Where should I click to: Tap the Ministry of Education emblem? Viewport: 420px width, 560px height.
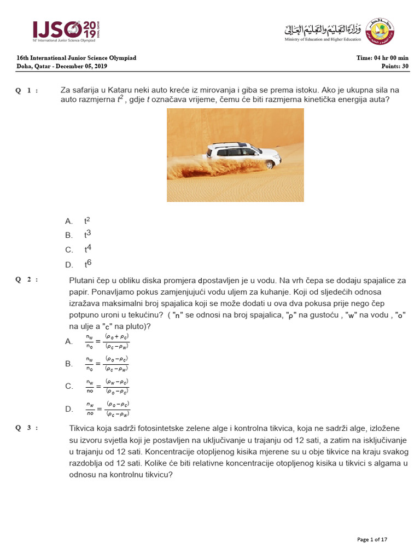(380, 31)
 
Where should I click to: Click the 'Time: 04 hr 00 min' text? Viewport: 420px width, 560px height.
(382, 58)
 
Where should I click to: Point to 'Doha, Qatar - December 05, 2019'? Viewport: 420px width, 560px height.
(62, 66)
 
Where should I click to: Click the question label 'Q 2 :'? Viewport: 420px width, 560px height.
(27, 279)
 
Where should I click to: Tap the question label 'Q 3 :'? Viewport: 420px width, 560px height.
(27, 428)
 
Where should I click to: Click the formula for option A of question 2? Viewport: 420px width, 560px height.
(107, 341)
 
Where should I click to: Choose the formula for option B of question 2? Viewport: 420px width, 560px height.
(107, 364)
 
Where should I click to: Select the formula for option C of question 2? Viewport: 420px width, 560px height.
(107, 386)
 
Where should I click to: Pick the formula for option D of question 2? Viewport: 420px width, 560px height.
(107, 409)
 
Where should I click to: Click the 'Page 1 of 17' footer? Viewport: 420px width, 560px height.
(372, 540)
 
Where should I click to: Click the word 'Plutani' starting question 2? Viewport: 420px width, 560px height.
(83, 280)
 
